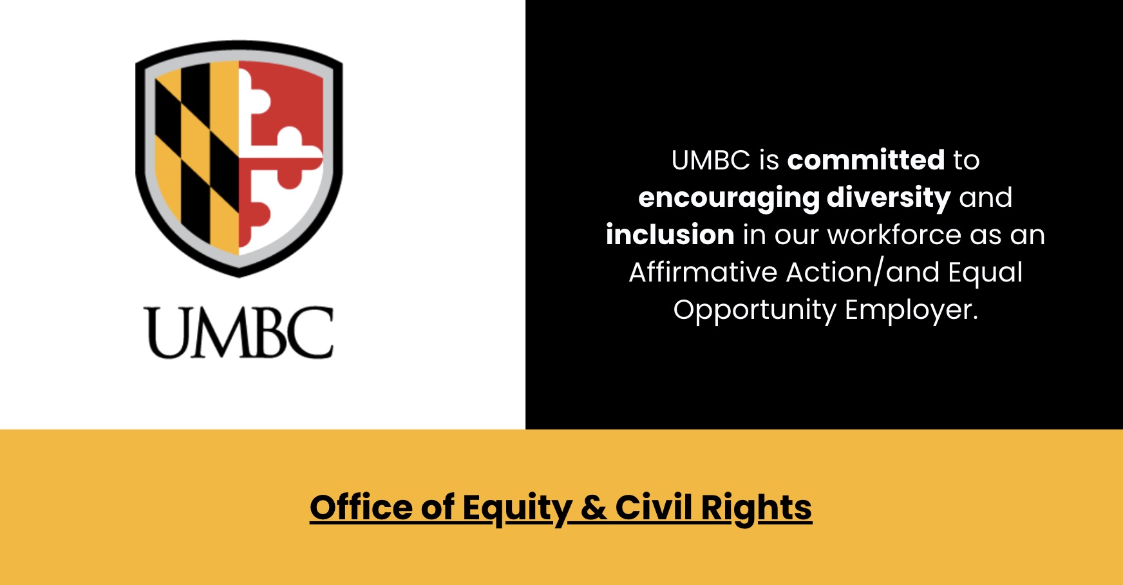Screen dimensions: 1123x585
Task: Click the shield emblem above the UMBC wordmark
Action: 239,158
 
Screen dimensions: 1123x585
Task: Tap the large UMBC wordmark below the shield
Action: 239,332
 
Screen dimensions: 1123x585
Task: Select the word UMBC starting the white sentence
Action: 711,160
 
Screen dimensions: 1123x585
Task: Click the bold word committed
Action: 866,160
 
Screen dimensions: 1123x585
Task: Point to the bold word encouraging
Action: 728,198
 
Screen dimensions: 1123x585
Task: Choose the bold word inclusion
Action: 670,235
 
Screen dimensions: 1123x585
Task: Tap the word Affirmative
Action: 703,272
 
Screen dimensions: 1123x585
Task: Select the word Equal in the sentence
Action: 985,273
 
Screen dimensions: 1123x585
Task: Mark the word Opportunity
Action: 755,311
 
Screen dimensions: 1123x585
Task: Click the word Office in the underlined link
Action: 361,507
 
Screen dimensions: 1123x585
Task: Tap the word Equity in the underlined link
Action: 517,508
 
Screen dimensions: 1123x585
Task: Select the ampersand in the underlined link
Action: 593,508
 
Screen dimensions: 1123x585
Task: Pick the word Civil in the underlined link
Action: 654,507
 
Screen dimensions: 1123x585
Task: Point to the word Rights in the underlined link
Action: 757,508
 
